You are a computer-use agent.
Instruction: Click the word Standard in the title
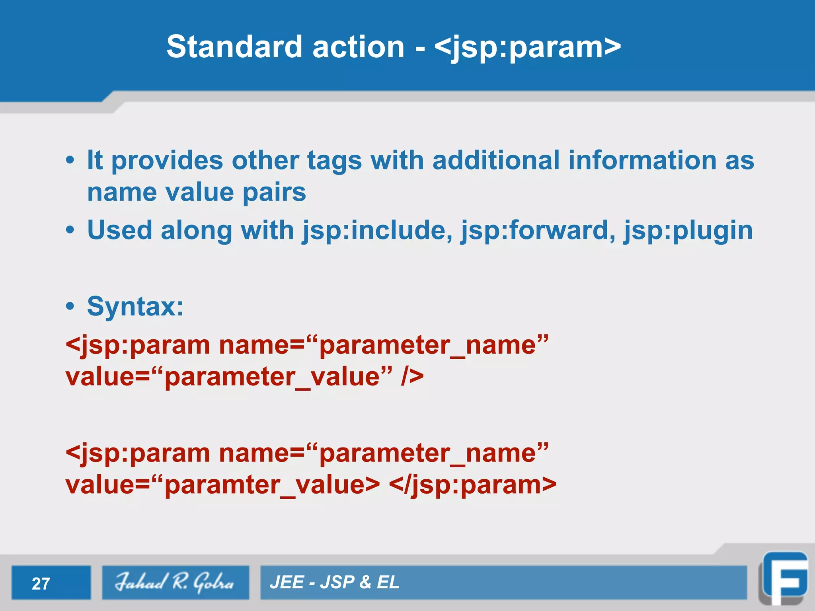pos(234,47)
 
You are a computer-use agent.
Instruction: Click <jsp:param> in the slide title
pos(527,47)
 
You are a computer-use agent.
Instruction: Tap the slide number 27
pos(41,584)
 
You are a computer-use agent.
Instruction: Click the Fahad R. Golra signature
pos(175,582)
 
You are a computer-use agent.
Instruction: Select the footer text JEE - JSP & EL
pos(334,582)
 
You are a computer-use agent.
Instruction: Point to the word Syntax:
pos(135,307)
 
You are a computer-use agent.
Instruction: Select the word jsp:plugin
pos(688,230)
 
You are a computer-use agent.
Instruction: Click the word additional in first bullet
pos(496,160)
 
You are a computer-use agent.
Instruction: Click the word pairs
pos(274,193)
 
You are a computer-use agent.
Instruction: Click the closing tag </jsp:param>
pos(472,485)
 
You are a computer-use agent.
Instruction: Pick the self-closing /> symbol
pos(412,376)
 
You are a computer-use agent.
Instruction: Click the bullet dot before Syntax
pos(70,307)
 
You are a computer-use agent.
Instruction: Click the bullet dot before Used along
pos(70,230)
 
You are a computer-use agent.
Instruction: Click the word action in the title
pos(359,47)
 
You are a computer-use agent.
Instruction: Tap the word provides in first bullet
pos(167,160)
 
